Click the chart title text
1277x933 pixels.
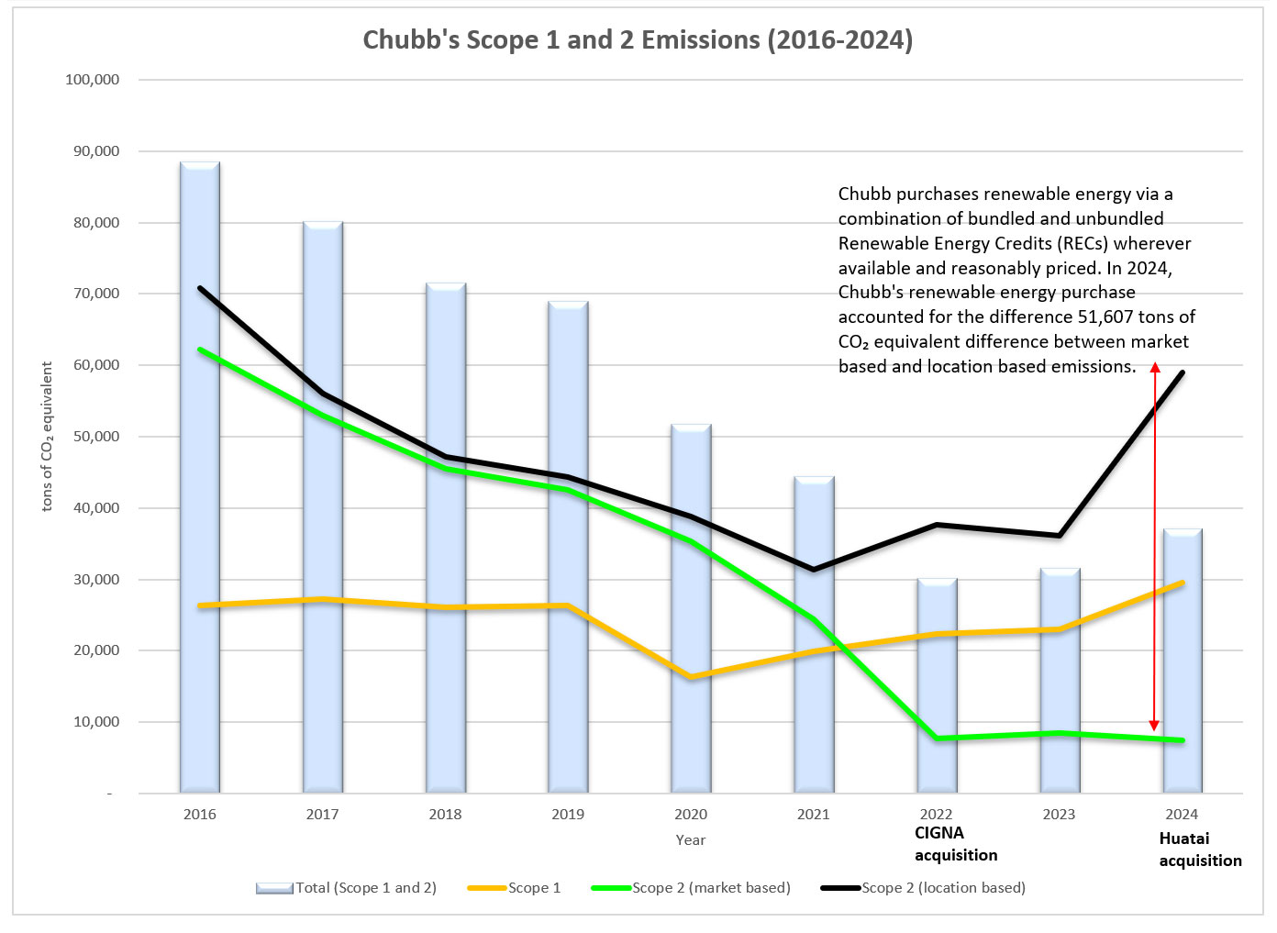638,40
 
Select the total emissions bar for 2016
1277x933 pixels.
200,477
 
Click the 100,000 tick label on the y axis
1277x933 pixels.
93,80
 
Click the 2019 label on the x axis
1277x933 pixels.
568,815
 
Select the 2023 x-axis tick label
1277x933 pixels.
1059,815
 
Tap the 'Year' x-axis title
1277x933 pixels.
691,840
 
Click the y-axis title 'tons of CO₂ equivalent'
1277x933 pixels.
48,437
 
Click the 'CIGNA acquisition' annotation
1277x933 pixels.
955,844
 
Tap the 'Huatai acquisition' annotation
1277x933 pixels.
1199,850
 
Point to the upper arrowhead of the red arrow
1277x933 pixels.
1155,368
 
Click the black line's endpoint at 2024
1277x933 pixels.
1183,372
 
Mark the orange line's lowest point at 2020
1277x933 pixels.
691,677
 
